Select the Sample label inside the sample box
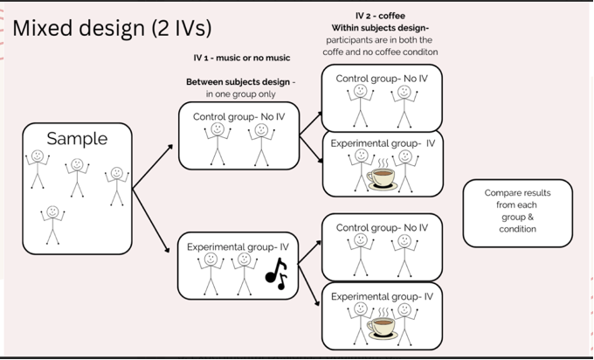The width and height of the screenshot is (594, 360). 77,139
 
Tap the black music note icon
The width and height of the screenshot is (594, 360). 276,274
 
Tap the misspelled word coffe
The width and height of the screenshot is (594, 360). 341,51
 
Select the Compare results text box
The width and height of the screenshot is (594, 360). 517,212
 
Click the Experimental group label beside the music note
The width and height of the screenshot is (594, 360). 234,247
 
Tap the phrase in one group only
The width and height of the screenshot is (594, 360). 239,93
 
